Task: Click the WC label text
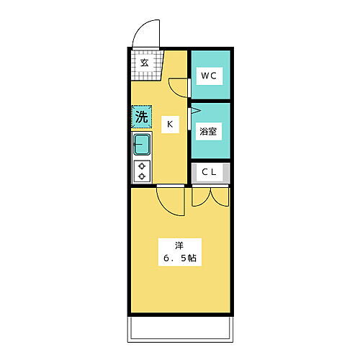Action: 210,75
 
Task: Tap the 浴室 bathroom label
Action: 210,132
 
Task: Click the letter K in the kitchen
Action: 170,125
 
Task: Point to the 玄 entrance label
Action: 144,62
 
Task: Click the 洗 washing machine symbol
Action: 141,116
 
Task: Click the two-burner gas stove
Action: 142,171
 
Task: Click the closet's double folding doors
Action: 210,195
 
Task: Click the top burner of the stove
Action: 142,166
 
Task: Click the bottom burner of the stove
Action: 142,176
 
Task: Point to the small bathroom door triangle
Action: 193,111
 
